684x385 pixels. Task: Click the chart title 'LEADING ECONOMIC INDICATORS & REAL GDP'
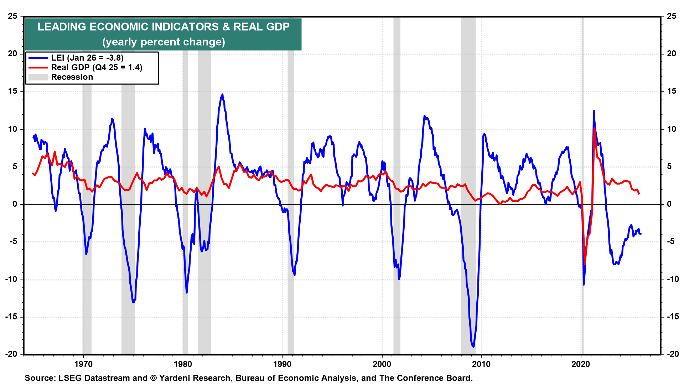[x=164, y=27]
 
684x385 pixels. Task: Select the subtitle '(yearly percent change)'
[x=164, y=42]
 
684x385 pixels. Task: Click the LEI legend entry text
[x=87, y=58]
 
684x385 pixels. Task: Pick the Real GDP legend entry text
[x=97, y=67]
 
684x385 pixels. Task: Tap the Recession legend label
[x=72, y=77]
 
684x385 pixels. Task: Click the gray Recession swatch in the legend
[x=38, y=77]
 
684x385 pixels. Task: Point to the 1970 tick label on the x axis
[x=83, y=364]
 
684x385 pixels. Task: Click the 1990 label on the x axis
[x=282, y=364]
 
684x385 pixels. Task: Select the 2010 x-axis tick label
[x=481, y=364]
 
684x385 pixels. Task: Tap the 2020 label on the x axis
[x=581, y=364]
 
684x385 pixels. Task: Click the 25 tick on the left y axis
[x=13, y=16]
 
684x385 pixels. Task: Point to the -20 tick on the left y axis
[x=11, y=354]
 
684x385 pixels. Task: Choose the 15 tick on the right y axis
[x=672, y=91]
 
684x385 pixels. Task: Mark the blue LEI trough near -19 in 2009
[x=473, y=346]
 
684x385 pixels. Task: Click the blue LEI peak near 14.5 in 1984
[x=222, y=95]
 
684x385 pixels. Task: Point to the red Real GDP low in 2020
[x=585, y=264]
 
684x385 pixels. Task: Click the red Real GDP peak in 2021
[x=595, y=128]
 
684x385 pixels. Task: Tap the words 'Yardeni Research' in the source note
[x=195, y=378]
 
